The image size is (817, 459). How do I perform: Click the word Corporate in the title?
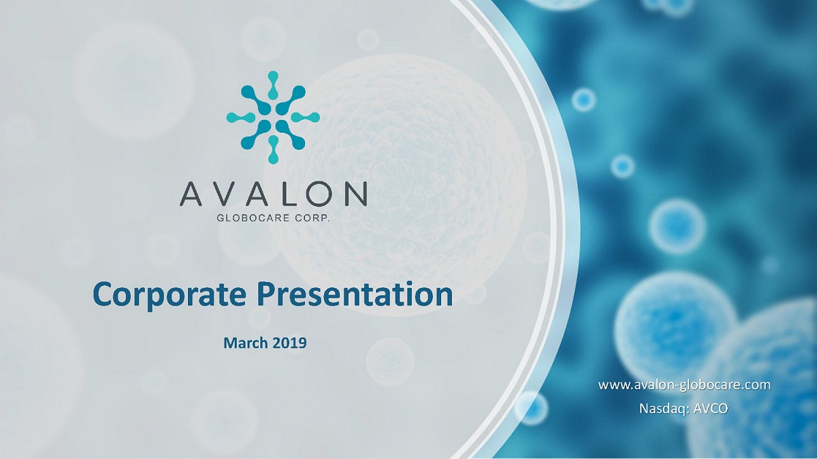pos(170,295)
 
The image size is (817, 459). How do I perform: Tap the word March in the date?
pos(246,343)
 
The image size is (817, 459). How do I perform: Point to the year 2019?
pos(289,343)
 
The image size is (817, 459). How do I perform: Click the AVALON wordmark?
pos(273,195)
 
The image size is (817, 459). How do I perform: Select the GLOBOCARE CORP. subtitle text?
pos(273,218)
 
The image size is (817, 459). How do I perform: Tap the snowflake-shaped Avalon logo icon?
pos(273,117)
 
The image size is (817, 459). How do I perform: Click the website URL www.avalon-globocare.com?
pos(684,385)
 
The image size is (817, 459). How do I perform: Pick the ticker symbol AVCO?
pos(711,409)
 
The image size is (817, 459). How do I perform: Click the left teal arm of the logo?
pos(240,117)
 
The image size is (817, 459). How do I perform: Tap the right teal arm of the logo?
pos(305,117)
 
